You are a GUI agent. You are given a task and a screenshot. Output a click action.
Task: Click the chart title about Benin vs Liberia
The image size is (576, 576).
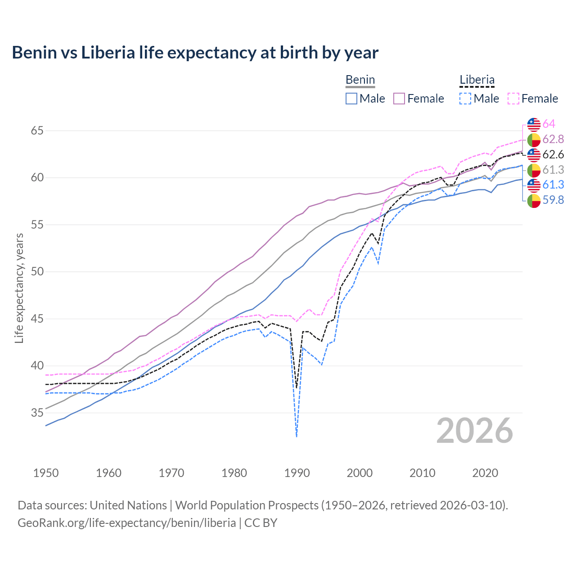point(195,53)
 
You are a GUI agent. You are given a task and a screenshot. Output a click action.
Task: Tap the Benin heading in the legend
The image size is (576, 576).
point(360,80)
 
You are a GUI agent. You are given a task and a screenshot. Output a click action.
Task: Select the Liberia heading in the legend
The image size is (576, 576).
point(477,80)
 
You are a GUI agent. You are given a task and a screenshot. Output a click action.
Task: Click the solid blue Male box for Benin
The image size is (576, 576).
point(351,99)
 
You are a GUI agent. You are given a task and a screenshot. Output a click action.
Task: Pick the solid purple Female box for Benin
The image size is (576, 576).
point(399,99)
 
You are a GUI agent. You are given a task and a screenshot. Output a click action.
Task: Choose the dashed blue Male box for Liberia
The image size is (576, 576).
point(465,99)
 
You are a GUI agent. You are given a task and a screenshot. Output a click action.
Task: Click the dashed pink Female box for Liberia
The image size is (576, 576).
point(513,99)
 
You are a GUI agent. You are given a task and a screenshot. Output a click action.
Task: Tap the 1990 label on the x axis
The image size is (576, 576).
point(297,473)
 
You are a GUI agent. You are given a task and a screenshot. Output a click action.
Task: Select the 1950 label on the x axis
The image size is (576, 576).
point(46,473)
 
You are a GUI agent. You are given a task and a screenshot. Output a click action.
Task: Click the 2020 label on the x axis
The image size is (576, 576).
point(485,473)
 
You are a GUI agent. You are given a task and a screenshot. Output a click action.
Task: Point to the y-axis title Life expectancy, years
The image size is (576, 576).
point(19,288)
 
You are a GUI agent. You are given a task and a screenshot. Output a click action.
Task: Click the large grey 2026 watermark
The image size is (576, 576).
point(475,431)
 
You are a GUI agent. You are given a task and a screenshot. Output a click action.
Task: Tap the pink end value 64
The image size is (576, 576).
point(549,124)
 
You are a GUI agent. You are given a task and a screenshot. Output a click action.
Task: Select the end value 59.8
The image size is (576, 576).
point(553,200)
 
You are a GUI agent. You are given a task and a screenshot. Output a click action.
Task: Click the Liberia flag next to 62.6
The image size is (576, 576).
point(534,154)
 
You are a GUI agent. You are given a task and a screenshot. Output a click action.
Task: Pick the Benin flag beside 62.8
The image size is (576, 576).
point(534,139)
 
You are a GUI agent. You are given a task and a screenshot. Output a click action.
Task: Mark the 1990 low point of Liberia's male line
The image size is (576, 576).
point(297,436)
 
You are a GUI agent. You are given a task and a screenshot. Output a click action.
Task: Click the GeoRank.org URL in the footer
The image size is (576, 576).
point(126,522)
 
